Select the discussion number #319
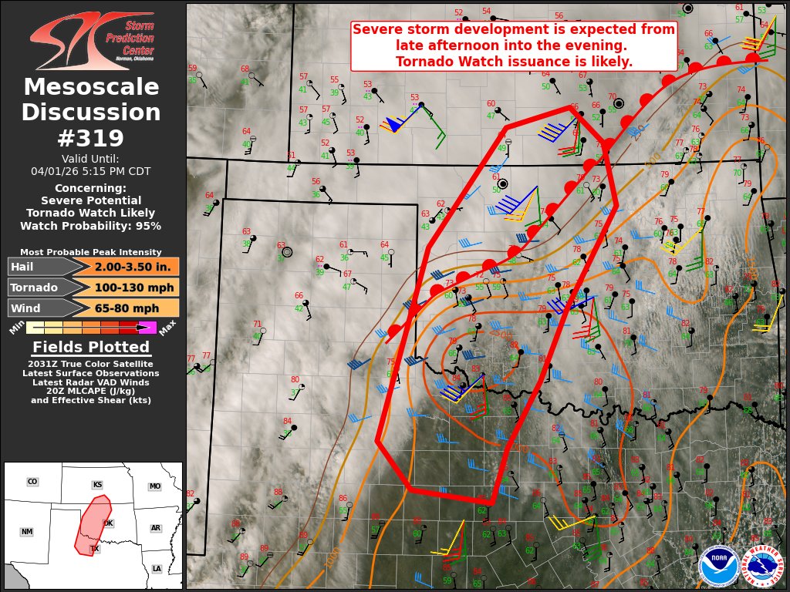[91, 138]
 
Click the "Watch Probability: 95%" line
[91, 226]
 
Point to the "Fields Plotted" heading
[91, 347]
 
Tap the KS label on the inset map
[97, 485]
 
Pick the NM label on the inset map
[27, 532]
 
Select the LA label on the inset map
[157, 569]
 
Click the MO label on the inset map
[155, 486]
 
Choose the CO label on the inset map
[32, 482]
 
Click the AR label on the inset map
[156, 528]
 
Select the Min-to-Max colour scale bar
[91, 327]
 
